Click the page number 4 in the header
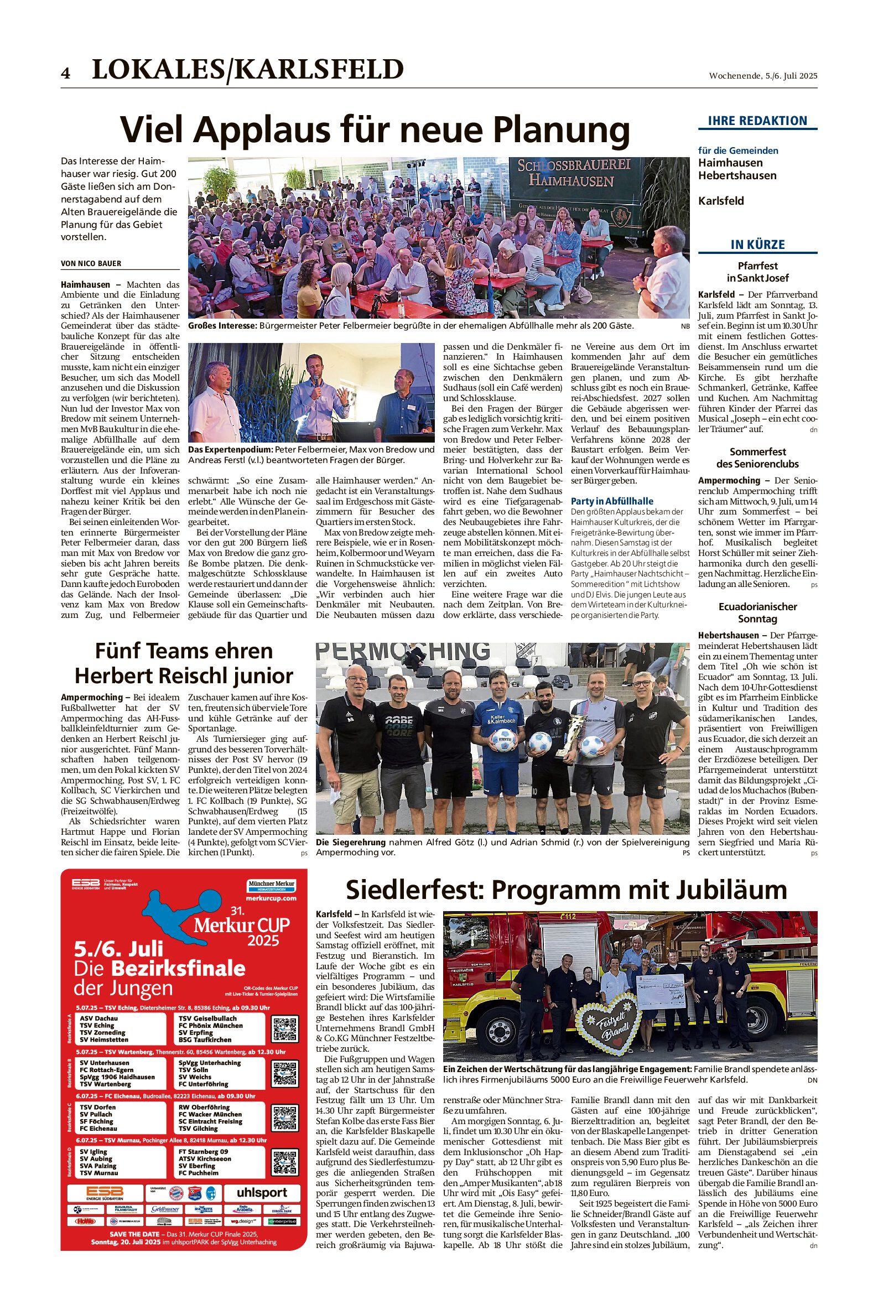tap(65, 74)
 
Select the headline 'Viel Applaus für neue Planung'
tap(375, 130)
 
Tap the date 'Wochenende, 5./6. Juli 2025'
tap(763, 76)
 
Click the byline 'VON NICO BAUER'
tap(91, 264)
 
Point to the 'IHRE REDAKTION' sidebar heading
tap(757, 121)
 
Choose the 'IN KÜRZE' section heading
tap(757, 245)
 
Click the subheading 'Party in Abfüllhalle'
tap(612, 501)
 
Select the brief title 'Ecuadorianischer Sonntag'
tap(757, 612)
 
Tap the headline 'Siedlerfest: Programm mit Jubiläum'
tap(566, 890)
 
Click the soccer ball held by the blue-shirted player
tap(503, 742)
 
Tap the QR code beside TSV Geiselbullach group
tap(284, 1029)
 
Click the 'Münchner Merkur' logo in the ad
tap(271, 885)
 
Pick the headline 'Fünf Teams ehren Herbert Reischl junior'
tap(184, 663)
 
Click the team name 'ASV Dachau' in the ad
tap(98, 1018)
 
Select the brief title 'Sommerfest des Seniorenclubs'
tap(757, 458)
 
